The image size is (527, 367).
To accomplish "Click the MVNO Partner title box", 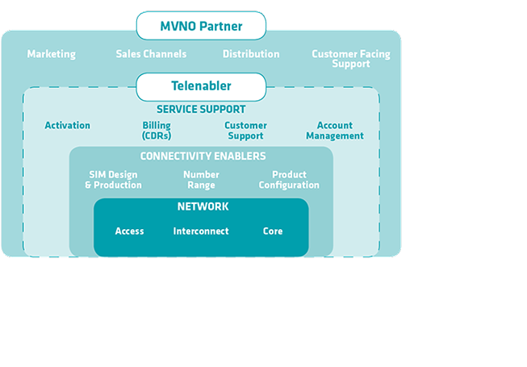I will pyautogui.click(x=201, y=27).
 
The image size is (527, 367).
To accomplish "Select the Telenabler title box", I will pyautogui.click(x=201, y=86).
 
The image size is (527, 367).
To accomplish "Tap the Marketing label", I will pyautogui.click(x=52, y=54).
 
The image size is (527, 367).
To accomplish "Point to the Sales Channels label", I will pyautogui.click(x=151, y=54).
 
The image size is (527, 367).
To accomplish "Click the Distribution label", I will pyautogui.click(x=251, y=54).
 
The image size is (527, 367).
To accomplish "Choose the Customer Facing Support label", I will pyautogui.click(x=350, y=59).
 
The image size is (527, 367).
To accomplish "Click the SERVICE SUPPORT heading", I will pyautogui.click(x=201, y=109).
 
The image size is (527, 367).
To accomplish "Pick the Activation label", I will pyautogui.click(x=68, y=126).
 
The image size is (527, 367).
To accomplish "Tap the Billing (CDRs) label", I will pyautogui.click(x=157, y=131).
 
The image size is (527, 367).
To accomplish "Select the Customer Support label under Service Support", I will pyautogui.click(x=245, y=131).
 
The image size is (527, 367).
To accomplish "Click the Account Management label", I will pyautogui.click(x=335, y=131).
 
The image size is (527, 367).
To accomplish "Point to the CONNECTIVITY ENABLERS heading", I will pyautogui.click(x=203, y=156).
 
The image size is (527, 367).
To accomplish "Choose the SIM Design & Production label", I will pyautogui.click(x=113, y=180).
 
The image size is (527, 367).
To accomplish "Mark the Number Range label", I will pyautogui.click(x=201, y=180).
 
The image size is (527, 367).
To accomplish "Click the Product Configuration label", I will pyautogui.click(x=289, y=180).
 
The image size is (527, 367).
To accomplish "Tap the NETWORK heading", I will pyautogui.click(x=203, y=206).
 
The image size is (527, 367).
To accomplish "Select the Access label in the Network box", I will pyautogui.click(x=129, y=231).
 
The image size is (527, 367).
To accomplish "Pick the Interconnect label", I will pyautogui.click(x=201, y=231).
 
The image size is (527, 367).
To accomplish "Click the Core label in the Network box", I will pyautogui.click(x=273, y=231).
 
